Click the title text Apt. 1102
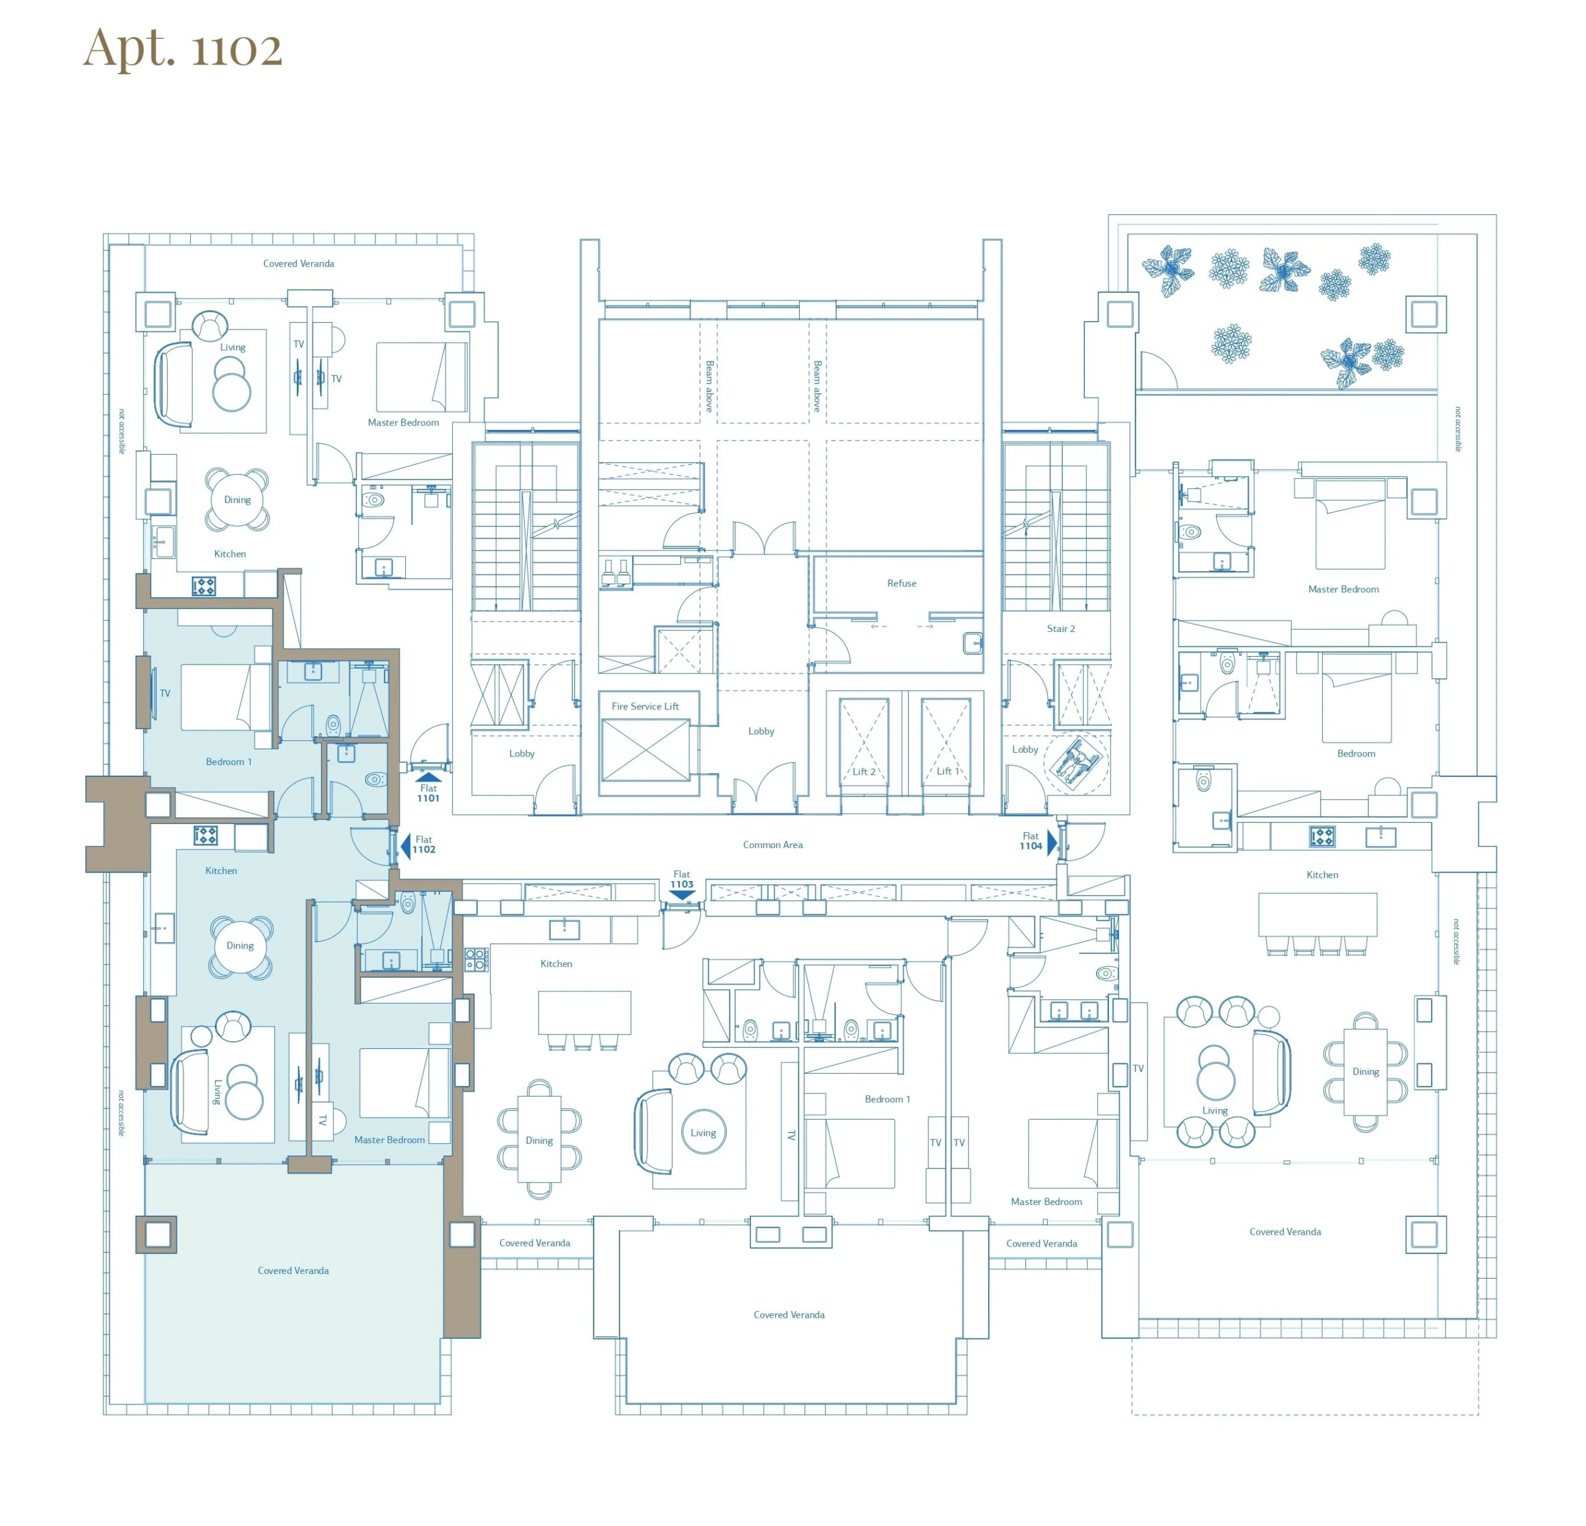183,48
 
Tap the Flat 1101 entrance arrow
428,778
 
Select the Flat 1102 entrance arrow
405,846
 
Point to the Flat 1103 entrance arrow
682,895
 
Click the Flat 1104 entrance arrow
1051,842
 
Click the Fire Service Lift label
645,706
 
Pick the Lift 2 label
864,772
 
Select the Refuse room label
901,584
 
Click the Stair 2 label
1061,629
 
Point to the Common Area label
773,844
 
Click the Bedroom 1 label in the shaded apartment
228,762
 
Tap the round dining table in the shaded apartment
240,946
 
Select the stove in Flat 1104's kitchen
1322,836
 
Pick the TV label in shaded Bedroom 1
165,693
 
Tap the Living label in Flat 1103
703,1133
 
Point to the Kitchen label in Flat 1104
1322,875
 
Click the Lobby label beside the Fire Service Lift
761,732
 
